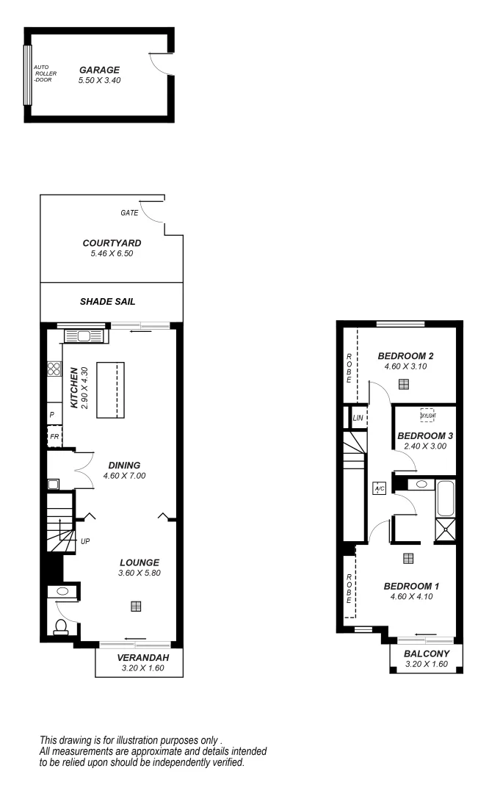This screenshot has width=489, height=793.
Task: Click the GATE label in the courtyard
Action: click(129, 213)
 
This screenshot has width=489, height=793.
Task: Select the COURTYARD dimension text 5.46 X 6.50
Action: click(112, 253)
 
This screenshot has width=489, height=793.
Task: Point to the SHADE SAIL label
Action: click(112, 301)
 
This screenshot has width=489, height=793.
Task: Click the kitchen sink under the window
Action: click(83, 336)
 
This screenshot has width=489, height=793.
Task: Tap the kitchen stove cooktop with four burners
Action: click(54, 369)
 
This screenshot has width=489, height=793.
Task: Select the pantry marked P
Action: click(52, 415)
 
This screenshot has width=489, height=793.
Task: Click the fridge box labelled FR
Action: click(54, 437)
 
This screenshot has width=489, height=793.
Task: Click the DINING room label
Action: click(124, 465)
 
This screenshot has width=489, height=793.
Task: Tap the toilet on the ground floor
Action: click(62, 626)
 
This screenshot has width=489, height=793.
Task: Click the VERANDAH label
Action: click(139, 658)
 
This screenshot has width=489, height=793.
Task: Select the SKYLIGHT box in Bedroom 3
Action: click(427, 415)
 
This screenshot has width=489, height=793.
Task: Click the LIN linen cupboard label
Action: click(358, 418)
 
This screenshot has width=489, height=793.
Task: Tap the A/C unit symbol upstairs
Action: click(380, 489)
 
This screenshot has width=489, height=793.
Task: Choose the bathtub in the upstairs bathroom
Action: click(446, 498)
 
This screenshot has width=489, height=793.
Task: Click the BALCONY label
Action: click(427, 653)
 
